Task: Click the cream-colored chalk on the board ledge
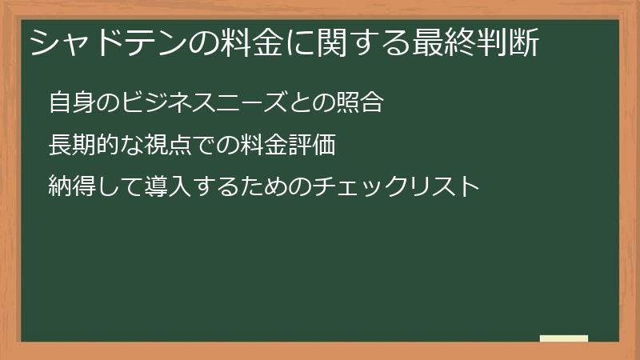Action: [x=564, y=338]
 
